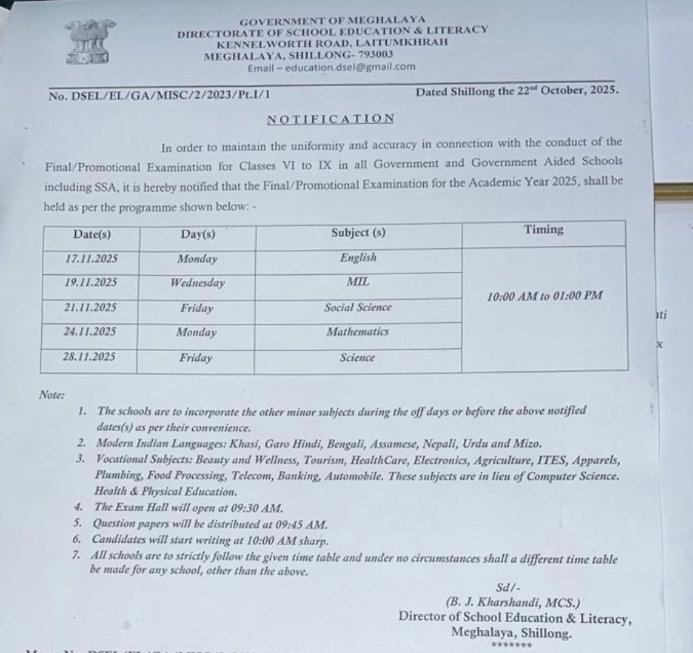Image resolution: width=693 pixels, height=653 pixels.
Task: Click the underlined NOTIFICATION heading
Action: (x=331, y=118)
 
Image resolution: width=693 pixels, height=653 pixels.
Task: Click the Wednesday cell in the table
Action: (x=197, y=284)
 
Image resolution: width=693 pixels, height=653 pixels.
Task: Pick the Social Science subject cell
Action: (x=358, y=307)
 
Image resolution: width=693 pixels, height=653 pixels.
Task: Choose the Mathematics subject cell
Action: (x=358, y=331)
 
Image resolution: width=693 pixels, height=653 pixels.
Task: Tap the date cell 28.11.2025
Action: (x=90, y=357)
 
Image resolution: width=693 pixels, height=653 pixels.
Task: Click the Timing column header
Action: (x=543, y=230)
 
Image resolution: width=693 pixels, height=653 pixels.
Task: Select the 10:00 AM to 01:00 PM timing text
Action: (x=545, y=296)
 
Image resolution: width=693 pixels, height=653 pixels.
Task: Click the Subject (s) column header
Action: (x=358, y=233)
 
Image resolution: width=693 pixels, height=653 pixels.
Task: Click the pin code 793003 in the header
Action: (x=373, y=54)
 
